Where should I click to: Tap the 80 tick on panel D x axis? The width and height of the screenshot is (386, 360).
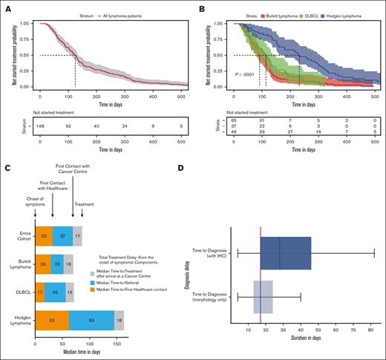pos(371,329)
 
